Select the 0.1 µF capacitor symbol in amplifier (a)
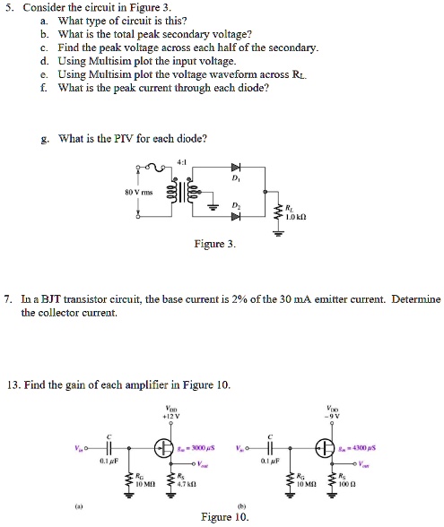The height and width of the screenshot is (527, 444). pos(109,448)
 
